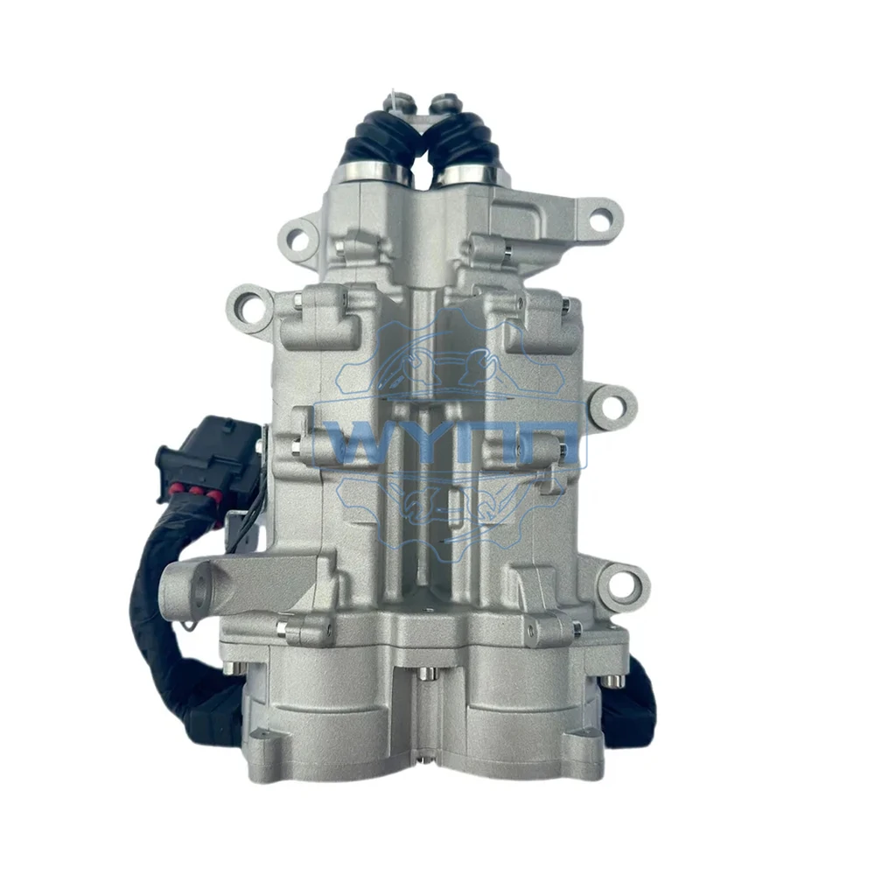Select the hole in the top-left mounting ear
pos(296,237)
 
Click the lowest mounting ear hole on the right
pos(626,583)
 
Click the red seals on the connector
pos(192,491)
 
